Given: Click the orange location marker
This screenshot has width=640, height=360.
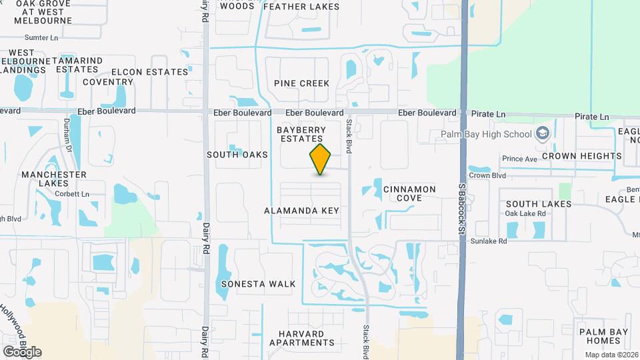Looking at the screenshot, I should [x=320, y=159].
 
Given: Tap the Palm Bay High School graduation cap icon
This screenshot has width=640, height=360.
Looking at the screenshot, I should [x=543, y=133].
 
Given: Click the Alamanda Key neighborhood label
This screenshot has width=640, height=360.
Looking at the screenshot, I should [x=302, y=211].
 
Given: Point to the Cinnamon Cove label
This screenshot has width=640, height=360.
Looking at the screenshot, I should [x=409, y=193].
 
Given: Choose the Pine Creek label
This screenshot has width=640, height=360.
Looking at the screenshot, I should [x=301, y=83].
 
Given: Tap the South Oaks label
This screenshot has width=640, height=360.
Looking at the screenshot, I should [x=237, y=155].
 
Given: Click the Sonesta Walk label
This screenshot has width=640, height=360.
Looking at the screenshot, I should [x=258, y=284].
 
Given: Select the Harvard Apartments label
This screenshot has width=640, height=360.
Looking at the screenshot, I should [x=302, y=338].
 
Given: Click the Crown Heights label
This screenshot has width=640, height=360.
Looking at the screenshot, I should [x=581, y=156].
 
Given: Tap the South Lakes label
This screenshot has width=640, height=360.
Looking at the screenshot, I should [x=538, y=204].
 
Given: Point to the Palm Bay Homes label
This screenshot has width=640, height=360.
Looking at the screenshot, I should [x=599, y=336].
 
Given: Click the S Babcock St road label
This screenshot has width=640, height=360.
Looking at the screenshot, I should [x=460, y=213].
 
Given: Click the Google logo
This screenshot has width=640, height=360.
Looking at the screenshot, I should [x=22, y=352].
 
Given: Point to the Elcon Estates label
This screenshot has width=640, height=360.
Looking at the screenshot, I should [x=150, y=72].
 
